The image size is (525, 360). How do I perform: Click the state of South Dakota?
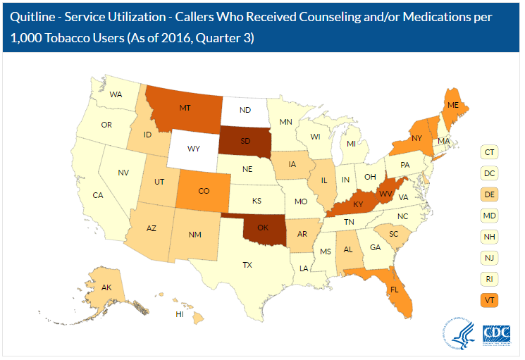[x=246, y=141]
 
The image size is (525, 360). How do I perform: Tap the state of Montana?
[x=185, y=109]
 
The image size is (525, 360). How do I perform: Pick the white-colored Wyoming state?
[x=193, y=149]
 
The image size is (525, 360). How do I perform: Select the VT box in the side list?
[x=488, y=299]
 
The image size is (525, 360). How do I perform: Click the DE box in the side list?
[x=488, y=193]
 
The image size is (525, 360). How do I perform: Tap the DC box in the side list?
[x=488, y=172]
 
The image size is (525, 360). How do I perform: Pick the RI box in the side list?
[x=488, y=278]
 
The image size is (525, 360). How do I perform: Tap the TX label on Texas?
[x=247, y=266]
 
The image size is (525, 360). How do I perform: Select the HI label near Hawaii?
[x=180, y=314]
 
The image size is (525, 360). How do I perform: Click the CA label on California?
[x=99, y=194]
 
